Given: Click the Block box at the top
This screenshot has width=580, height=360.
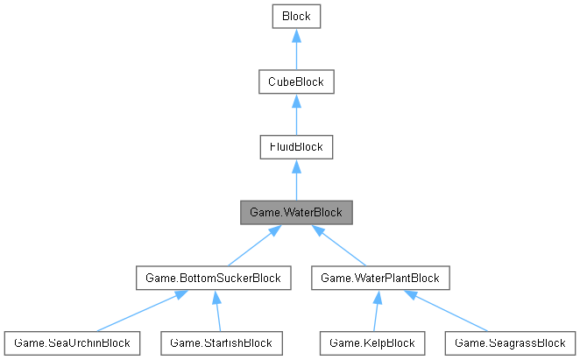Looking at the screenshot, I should point(296,16).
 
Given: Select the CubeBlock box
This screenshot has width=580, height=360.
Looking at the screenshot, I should point(296,81).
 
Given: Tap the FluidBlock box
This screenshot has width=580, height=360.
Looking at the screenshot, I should point(296,147).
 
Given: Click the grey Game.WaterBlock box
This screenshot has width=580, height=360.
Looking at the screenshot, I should point(296,212).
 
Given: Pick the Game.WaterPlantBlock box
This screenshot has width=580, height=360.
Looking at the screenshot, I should point(380,278).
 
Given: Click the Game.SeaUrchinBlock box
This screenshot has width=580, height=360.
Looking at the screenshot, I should point(71,342).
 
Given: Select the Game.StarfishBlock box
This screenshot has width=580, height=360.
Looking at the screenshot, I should point(222,342).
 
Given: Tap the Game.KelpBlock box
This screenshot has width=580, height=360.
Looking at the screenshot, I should point(367,342).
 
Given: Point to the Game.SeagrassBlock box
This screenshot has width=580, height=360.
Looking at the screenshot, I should point(510,342).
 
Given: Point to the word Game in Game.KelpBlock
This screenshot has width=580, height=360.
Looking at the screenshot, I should point(344,342).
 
